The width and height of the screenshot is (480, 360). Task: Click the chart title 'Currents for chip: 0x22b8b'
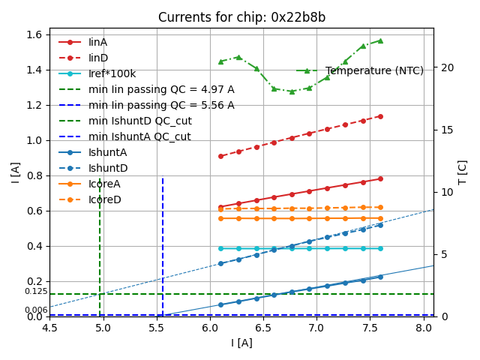point(241,17)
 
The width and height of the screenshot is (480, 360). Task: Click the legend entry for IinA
point(97,42)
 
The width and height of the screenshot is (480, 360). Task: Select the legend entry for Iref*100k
point(112,73)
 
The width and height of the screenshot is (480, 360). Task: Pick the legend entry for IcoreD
point(104,199)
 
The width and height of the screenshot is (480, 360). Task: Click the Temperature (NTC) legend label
point(374,70)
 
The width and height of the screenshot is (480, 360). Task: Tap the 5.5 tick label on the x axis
point(156,328)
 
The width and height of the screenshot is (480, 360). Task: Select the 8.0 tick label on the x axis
point(422,328)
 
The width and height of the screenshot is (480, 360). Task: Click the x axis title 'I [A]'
point(241,343)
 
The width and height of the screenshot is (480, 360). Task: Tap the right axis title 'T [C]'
point(463,172)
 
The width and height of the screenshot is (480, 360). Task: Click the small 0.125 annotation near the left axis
point(36,291)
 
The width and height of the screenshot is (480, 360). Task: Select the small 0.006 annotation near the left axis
point(36,310)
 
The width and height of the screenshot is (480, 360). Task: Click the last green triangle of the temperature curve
point(380,40)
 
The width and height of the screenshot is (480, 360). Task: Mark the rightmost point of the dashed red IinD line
point(380,116)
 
